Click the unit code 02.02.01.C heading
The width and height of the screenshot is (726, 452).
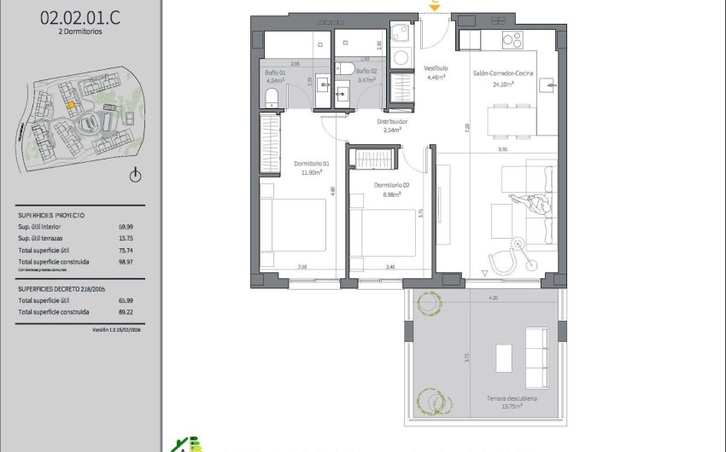[x=72, y=14]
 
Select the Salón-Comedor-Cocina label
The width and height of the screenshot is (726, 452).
[x=503, y=75]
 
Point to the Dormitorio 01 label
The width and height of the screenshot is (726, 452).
[x=311, y=163]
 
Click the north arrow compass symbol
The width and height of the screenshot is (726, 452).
[x=134, y=176]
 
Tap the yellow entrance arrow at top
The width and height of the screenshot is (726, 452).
[x=435, y=7]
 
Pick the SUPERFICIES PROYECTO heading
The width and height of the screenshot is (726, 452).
[x=51, y=215]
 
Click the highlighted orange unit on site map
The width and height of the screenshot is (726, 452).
[x=72, y=106]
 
